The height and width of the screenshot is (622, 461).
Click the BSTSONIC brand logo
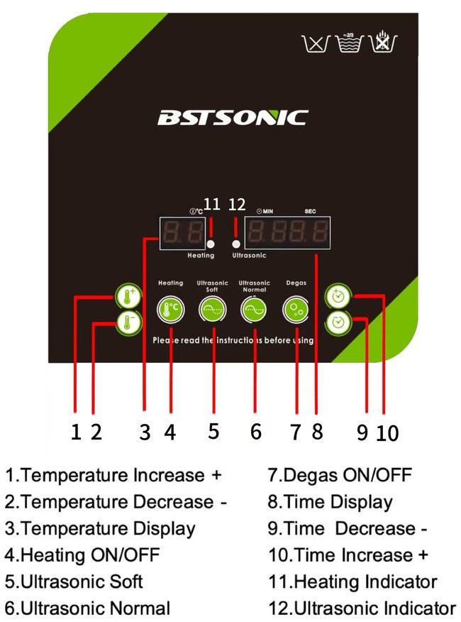pyautogui.click(x=232, y=117)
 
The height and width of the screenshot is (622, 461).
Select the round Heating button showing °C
pyautogui.click(x=170, y=310)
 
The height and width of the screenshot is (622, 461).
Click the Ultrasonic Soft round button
pyautogui.click(x=212, y=310)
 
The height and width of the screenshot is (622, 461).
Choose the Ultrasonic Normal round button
pyautogui.click(x=254, y=310)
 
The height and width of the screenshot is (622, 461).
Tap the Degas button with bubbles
pyautogui.click(x=296, y=310)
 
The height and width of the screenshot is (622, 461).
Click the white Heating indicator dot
pyautogui.click(x=210, y=243)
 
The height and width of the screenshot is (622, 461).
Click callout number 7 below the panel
pyautogui.click(x=296, y=430)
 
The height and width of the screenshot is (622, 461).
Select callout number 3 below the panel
pyautogui.click(x=145, y=431)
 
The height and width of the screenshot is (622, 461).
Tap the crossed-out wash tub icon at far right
pyautogui.click(x=382, y=44)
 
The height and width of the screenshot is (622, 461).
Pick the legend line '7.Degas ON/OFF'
pyautogui.click(x=340, y=474)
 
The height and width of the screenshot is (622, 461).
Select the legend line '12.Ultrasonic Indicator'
pyautogui.click(x=362, y=608)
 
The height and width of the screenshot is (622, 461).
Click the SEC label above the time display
pyautogui.click(x=310, y=212)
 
